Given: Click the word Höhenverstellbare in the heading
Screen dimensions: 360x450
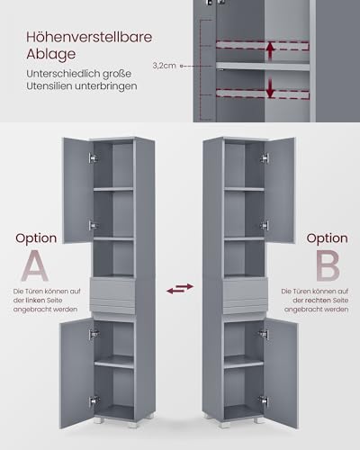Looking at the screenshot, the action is pyautogui.click(x=89, y=37).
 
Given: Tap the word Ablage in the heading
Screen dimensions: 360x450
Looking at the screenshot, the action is pyautogui.click(x=50, y=54).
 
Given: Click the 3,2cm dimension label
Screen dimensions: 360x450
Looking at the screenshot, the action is pyautogui.click(x=164, y=66).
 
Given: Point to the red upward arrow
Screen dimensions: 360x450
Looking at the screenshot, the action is pyautogui.click(x=271, y=51).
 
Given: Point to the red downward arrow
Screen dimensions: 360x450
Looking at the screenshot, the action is pyautogui.click(x=271, y=88).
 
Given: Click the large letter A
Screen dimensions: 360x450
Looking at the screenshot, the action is pyautogui.click(x=35, y=265).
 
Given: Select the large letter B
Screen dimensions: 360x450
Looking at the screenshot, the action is pyautogui.click(x=328, y=265).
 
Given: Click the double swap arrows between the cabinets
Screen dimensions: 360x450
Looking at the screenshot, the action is pyautogui.click(x=180, y=288).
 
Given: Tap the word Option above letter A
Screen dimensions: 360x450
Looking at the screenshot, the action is pyautogui.click(x=36, y=238).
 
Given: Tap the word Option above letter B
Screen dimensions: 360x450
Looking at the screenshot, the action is pyautogui.click(x=327, y=238).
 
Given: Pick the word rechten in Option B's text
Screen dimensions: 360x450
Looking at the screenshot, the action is pyautogui.click(x=319, y=301).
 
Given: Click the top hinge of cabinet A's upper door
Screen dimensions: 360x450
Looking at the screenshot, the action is pyautogui.click(x=94, y=157).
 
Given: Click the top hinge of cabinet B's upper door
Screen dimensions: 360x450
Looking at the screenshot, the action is pyautogui.click(x=265, y=157).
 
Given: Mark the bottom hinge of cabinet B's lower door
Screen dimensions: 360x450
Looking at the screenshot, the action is pyautogui.click(x=263, y=400).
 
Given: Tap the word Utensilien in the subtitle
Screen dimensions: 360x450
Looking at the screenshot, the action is pyautogui.click(x=49, y=86).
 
